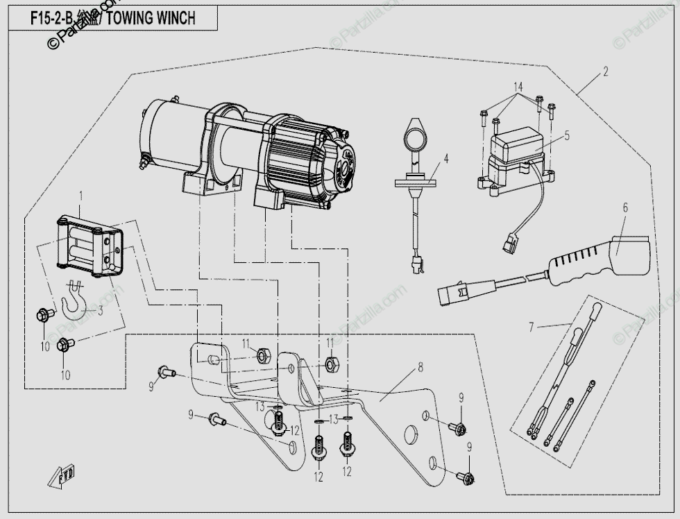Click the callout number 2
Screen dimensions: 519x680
click(605, 71)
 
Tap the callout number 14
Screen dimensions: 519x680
click(518, 88)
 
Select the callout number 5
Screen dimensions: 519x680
click(567, 136)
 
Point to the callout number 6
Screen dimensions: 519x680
click(624, 207)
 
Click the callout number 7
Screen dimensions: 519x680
click(532, 326)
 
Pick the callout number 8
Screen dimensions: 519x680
click(420, 368)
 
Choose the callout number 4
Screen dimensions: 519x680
click(446, 159)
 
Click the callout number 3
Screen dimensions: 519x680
click(100, 311)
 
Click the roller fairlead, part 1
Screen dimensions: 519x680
click(88, 246)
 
